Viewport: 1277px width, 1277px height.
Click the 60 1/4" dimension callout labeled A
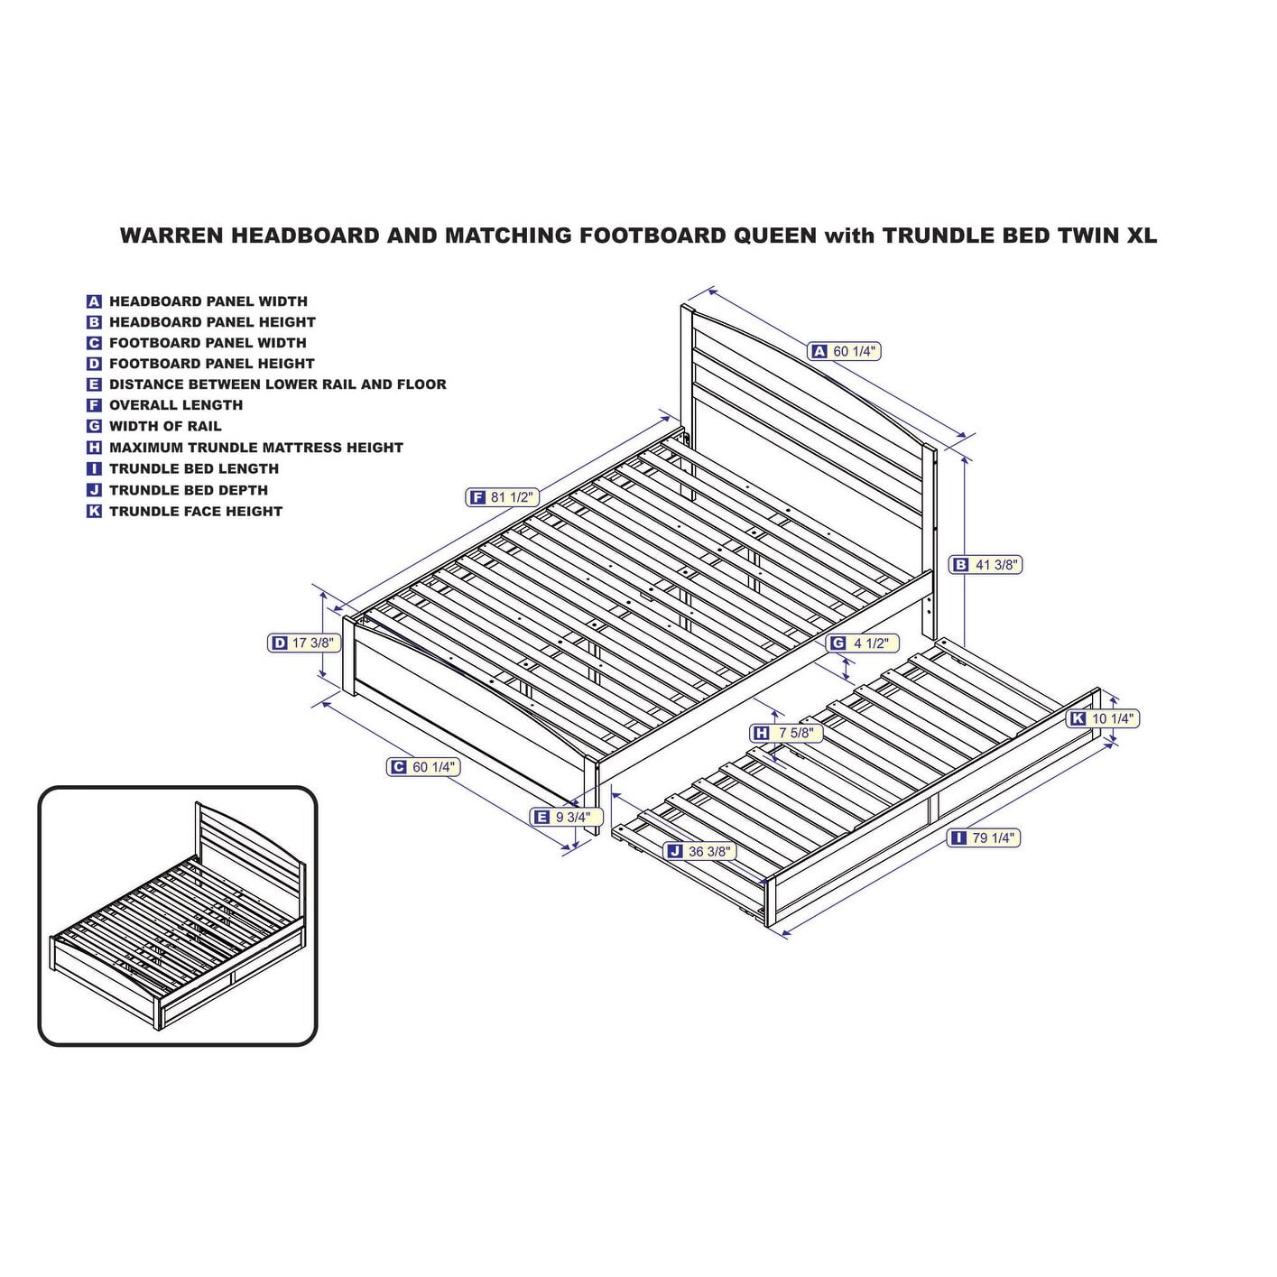pyautogui.click(x=845, y=351)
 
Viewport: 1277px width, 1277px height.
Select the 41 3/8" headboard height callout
pyautogui.click(x=986, y=565)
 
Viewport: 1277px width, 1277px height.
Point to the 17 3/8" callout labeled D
pyautogui.click(x=305, y=643)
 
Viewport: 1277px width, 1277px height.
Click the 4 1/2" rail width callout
pyautogui.click(x=863, y=643)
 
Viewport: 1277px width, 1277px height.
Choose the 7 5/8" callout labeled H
pyautogui.click(x=787, y=733)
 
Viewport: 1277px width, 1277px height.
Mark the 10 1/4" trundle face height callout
pyautogui.click(x=1104, y=718)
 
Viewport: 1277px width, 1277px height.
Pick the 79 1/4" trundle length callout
pyautogui.click(x=984, y=838)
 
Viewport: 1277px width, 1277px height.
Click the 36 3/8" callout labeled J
pyautogui.click(x=699, y=852)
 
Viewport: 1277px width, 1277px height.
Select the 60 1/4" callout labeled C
pyautogui.click(x=423, y=767)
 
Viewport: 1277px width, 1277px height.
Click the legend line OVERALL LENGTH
pyautogui.click(x=176, y=405)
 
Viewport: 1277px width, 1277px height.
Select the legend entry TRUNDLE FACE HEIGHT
pyautogui.click(x=196, y=512)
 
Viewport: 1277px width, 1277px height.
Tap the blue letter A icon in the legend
pyautogui.click(x=94, y=301)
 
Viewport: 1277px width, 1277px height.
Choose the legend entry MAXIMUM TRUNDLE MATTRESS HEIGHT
pyautogui.click(x=255, y=448)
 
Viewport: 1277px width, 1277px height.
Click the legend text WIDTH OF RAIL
pyautogui.click(x=166, y=426)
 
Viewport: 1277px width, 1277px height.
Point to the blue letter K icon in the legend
pyautogui.click(x=94, y=512)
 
